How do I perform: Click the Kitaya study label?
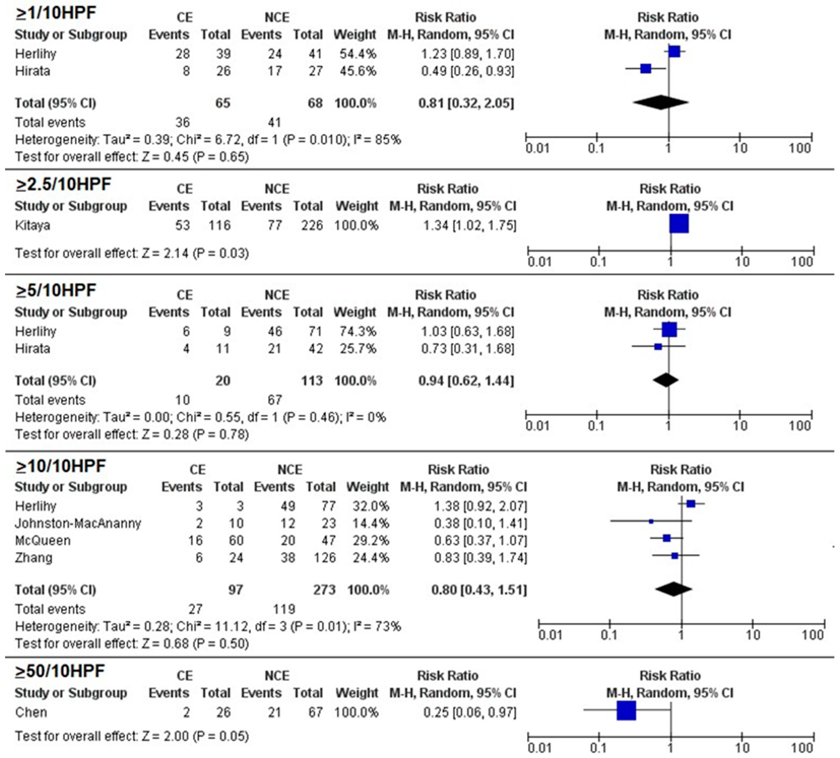coord(32,225)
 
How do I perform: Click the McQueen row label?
coord(43,541)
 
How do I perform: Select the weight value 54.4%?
coord(358,54)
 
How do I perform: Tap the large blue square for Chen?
coord(626,711)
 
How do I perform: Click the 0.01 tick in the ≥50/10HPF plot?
coord(539,748)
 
